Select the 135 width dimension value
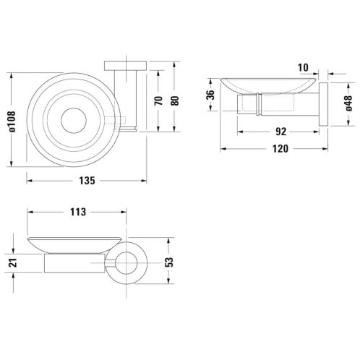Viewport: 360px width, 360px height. click(x=87, y=181)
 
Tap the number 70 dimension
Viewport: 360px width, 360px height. click(x=158, y=100)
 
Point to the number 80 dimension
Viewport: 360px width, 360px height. click(x=175, y=100)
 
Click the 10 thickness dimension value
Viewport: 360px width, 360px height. click(x=303, y=68)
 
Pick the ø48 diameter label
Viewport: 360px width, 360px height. click(x=348, y=103)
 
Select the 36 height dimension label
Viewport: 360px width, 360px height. click(x=210, y=95)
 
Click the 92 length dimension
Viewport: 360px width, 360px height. click(x=280, y=132)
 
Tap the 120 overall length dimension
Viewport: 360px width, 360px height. click(x=280, y=149)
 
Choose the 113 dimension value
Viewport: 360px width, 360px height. click(x=78, y=212)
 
